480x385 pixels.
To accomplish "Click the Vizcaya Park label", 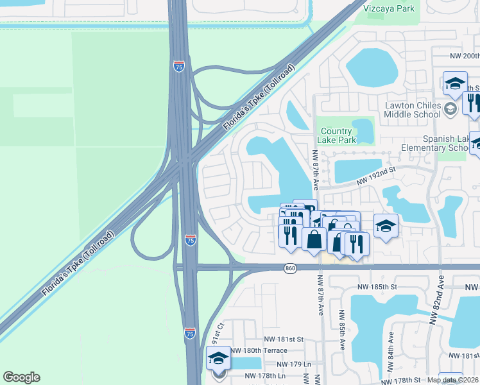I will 389,8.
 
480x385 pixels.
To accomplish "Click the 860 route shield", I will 291,268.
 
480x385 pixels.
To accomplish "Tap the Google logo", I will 21,377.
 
